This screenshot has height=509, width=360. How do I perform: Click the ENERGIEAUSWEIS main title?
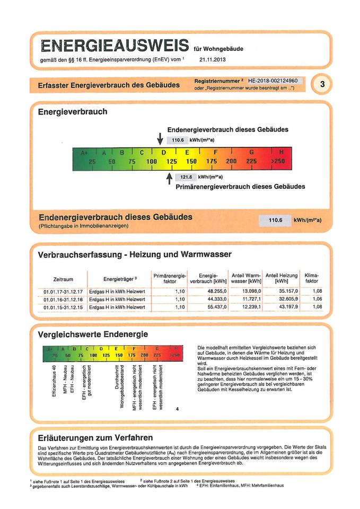tap(115, 45)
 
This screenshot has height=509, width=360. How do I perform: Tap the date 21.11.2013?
tap(213, 59)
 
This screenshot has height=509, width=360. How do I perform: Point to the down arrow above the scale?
tap(160, 139)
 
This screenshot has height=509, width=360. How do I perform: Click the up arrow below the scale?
tap(169, 179)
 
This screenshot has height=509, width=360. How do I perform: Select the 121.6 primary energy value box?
tap(185, 177)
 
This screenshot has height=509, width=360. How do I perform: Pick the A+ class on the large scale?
tap(84, 153)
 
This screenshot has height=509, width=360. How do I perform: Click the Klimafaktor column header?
tap(312, 278)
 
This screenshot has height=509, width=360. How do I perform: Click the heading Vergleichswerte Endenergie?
tap(93, 334)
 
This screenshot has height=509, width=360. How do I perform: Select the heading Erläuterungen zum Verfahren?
tap(95, 437)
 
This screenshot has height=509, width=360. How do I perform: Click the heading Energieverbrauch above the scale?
tap(72, 112)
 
